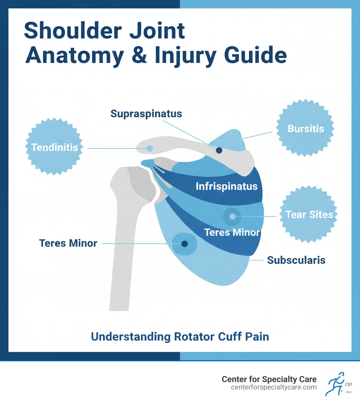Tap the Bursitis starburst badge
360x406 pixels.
click(306, 128)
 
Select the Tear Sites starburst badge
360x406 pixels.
click(309, 214)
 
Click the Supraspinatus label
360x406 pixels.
click(146, 114)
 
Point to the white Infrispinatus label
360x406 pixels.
click(227, 186)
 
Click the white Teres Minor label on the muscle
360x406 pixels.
click(232, 232)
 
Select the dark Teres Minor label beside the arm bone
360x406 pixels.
click(68, 243)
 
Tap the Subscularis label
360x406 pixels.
click(296, 260)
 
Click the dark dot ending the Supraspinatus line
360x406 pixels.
click(219, 150)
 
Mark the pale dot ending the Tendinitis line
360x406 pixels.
click(150, 148)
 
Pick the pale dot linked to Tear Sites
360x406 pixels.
click(232, 216)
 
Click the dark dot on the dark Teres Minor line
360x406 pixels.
click(185, 243)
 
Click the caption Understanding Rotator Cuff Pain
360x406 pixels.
click(180, 337)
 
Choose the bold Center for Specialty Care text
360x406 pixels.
click(269, 379)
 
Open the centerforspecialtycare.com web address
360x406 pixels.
click(274, 387)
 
